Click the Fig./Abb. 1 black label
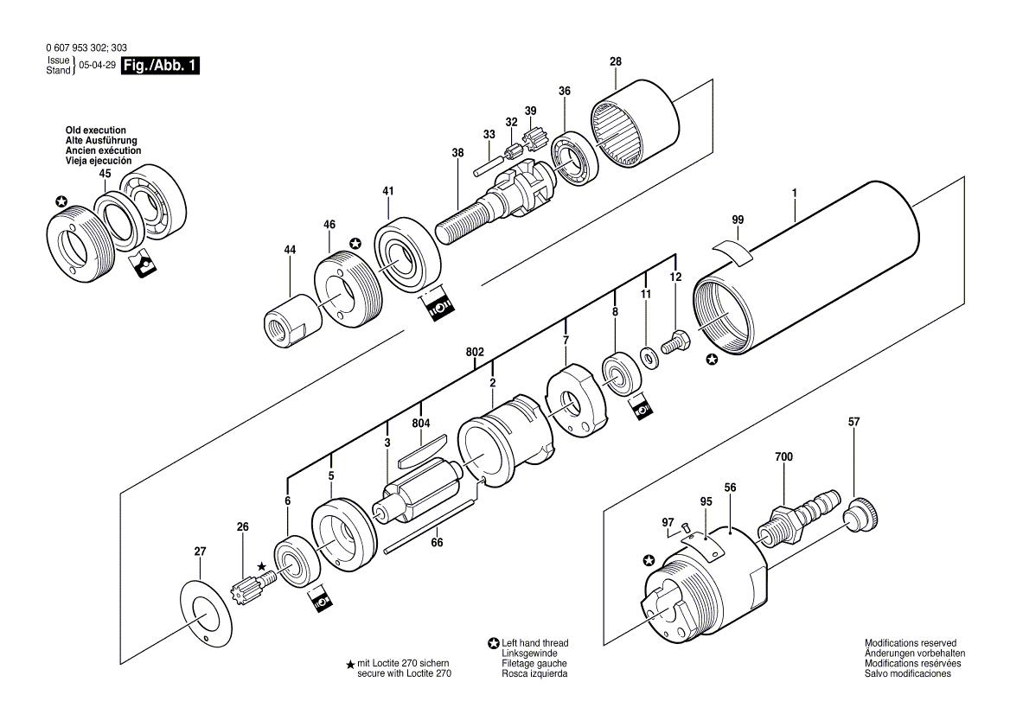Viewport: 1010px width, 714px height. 161,66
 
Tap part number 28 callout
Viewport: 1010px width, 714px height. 615,61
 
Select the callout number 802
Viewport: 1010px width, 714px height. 475,352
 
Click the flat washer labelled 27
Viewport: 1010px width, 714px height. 207,610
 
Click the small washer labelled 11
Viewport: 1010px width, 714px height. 647,354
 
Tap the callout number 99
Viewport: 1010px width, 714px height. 737,220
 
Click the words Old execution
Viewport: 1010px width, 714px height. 95,131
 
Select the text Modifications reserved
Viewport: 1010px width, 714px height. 911,644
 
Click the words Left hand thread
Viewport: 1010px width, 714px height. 535,644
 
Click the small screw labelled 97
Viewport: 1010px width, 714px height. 683,528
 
